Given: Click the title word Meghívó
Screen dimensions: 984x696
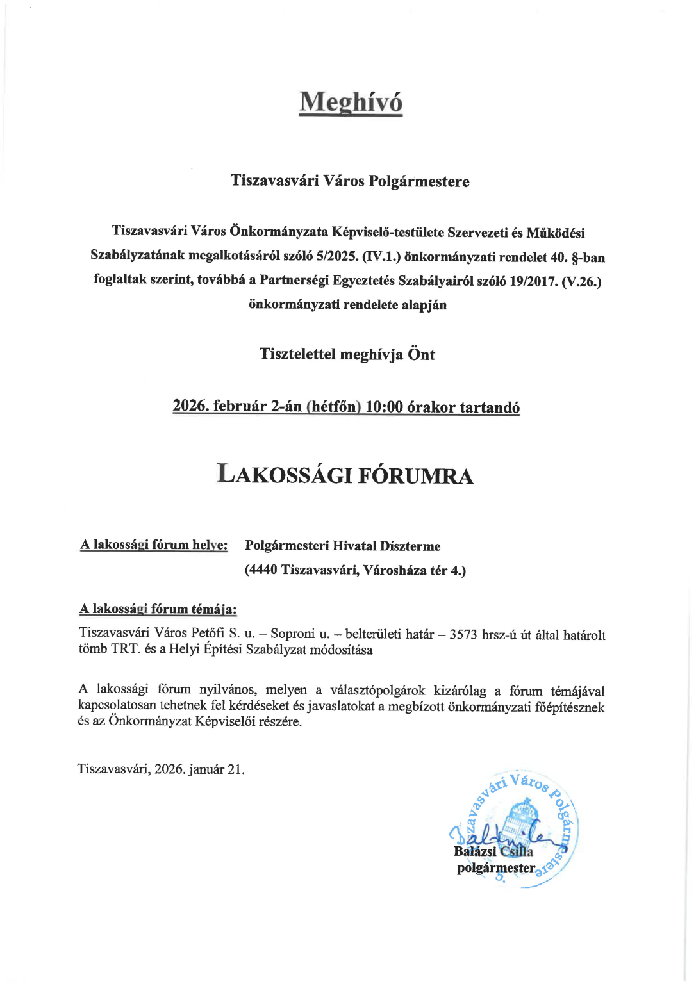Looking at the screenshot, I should tap(351, 102).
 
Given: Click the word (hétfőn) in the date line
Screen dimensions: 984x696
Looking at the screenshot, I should tap(333, 407).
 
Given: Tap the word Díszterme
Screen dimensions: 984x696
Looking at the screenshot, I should tap(410, 546).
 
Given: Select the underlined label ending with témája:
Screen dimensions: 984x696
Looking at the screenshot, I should tap(158, 609).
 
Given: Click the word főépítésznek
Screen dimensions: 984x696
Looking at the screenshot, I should tap(570, 707).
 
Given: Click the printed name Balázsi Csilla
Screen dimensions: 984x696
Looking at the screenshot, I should tap(493, 851).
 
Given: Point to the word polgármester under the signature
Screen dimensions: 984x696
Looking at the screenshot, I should tap(495, 868).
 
